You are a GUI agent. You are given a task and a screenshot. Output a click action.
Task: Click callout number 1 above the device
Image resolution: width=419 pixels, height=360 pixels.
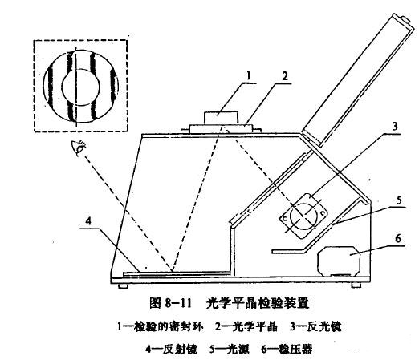249,75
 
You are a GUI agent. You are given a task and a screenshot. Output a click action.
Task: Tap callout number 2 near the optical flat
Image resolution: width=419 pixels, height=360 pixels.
285,76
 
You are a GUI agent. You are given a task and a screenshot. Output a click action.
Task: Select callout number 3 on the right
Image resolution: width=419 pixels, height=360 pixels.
395,126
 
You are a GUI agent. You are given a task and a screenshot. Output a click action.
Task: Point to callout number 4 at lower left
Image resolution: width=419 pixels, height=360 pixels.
88,221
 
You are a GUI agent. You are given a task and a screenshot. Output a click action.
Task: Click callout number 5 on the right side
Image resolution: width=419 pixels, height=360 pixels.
399,200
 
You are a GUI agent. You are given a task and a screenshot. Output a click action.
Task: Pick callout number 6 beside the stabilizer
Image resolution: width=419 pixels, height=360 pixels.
398,238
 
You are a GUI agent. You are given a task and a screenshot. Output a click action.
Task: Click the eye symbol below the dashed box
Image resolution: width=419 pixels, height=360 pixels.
78,148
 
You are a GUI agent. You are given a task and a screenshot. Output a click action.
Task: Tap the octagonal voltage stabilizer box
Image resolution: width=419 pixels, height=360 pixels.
339,261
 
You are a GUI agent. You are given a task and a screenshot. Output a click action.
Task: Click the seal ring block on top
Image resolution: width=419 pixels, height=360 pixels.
221,118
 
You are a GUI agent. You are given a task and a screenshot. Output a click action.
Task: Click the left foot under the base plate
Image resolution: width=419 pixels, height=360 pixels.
124,286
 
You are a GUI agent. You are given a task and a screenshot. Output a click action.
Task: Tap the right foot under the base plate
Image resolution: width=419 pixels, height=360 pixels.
356,285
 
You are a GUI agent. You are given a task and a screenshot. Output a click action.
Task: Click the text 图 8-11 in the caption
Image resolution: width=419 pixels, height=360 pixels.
170,303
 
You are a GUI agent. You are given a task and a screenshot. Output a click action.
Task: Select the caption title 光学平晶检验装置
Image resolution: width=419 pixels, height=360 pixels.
258,303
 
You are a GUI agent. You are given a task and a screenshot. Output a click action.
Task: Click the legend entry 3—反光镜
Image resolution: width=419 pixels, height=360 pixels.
316,326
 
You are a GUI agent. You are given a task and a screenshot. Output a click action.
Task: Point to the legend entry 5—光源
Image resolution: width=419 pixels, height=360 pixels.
230,349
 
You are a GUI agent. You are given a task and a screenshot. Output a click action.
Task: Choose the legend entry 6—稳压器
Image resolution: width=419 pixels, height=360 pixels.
287,349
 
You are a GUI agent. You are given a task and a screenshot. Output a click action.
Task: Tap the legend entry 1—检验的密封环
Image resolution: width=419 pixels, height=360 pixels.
161,326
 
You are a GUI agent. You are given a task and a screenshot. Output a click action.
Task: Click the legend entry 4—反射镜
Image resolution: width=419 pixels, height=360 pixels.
172,349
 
